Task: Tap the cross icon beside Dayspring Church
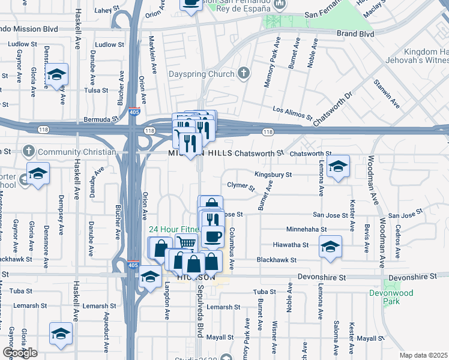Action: coord(243,74)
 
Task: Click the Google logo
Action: coord(20,353)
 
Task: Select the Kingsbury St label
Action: coord(273,175)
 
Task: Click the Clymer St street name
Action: coord(241,186)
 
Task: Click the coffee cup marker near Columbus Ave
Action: coord(211,236)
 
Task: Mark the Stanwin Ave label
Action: coord(387,93)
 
